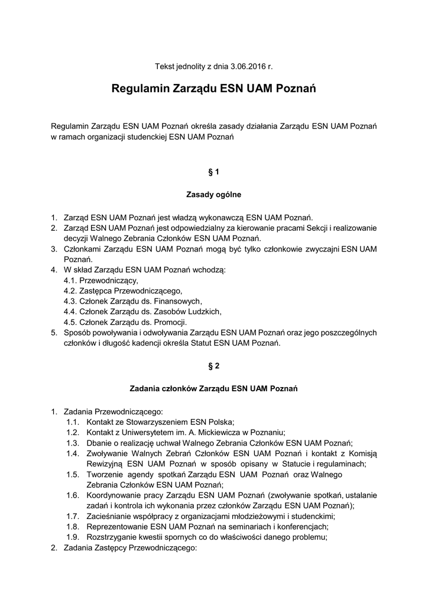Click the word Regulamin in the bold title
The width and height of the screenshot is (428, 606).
pyautogui.click(x=140, y=90)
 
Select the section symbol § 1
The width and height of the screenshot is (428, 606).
pyautogui.click(x=214, y=172)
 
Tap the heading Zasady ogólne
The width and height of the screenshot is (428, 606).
pyautogui.click(x=214, y=194)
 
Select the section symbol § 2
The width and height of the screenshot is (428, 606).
pyautogui.click(x=214, y=366)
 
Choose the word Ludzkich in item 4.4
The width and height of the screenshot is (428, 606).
pyautogui.click(x=203, y=312)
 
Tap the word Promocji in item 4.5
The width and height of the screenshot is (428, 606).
pyautogui.click(x=170, y=323)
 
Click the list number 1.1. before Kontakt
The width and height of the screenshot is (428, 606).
pyautogui.click(x=73, y=422)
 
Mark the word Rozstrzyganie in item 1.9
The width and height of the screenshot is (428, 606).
pyautogui.click(x=112, y=537)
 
